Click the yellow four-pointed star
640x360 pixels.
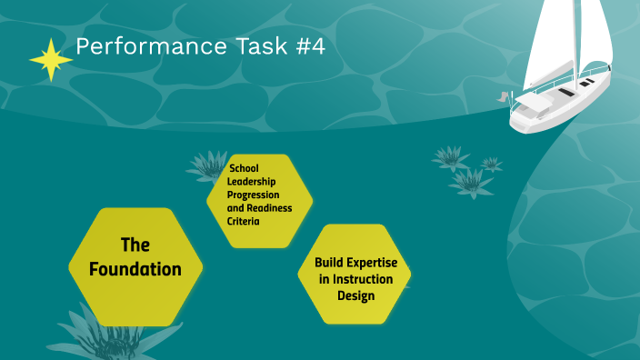pos(51,60)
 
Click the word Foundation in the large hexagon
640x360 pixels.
pos(135,269)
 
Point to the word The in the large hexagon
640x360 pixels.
pos(135,245)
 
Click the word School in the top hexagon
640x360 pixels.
pos(244,168)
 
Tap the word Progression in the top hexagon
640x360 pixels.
pos(254,195)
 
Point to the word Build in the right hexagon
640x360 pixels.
pos(330,263)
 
